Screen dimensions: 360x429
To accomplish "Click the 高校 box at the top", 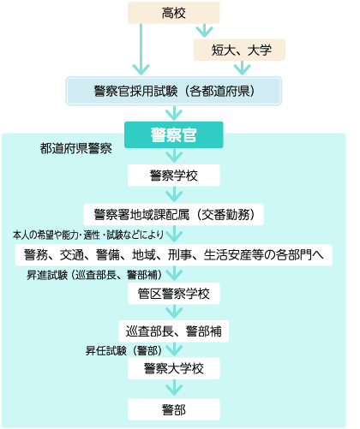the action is [174, 13].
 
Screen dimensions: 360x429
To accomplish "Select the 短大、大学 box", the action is [239, 50].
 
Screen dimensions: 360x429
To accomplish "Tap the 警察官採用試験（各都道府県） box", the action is [174, 91].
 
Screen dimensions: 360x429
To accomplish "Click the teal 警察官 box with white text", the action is [174, 134].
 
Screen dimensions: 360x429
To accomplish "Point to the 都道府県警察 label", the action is [75, 148].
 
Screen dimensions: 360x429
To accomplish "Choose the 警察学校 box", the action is [174, 176].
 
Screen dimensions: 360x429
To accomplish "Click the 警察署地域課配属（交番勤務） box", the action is [174, 214].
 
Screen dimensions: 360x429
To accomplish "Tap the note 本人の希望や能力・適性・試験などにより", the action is [88, 235].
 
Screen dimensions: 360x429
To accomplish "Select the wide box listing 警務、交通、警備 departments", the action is [174, 255].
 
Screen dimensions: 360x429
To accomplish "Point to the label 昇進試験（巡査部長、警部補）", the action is [94, 275].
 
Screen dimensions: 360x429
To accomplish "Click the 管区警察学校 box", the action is [174, 294].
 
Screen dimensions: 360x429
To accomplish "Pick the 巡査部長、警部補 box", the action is [174, 331].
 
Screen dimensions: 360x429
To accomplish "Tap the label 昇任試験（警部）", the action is [123, 350].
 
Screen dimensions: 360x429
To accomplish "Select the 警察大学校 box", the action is [174, 368].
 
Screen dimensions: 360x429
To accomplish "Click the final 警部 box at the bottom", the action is [174, 409].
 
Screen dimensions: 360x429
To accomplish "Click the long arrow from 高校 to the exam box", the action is [141, 49].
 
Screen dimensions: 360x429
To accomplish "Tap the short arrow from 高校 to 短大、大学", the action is [204, 31].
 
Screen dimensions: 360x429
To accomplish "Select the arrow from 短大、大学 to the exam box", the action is [242, 68].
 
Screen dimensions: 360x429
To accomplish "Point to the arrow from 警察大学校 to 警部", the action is [174, 388].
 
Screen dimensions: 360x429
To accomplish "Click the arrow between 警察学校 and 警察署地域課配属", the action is [174, 194].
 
